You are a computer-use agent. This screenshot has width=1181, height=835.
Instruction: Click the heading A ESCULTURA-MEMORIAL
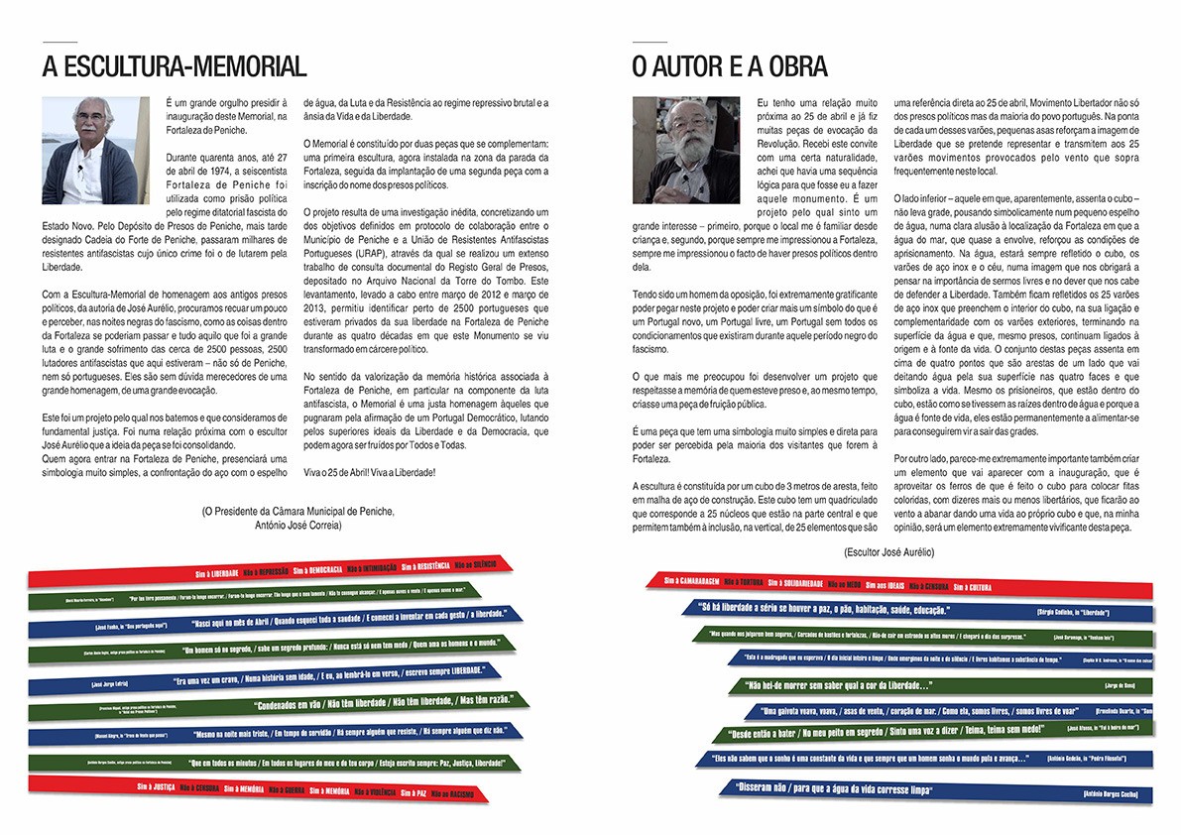pos(175,67)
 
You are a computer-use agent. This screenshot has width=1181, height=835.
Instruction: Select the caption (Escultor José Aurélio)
pos(889,550)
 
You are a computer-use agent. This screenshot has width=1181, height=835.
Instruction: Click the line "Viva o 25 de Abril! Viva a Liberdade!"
pos(368,471)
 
